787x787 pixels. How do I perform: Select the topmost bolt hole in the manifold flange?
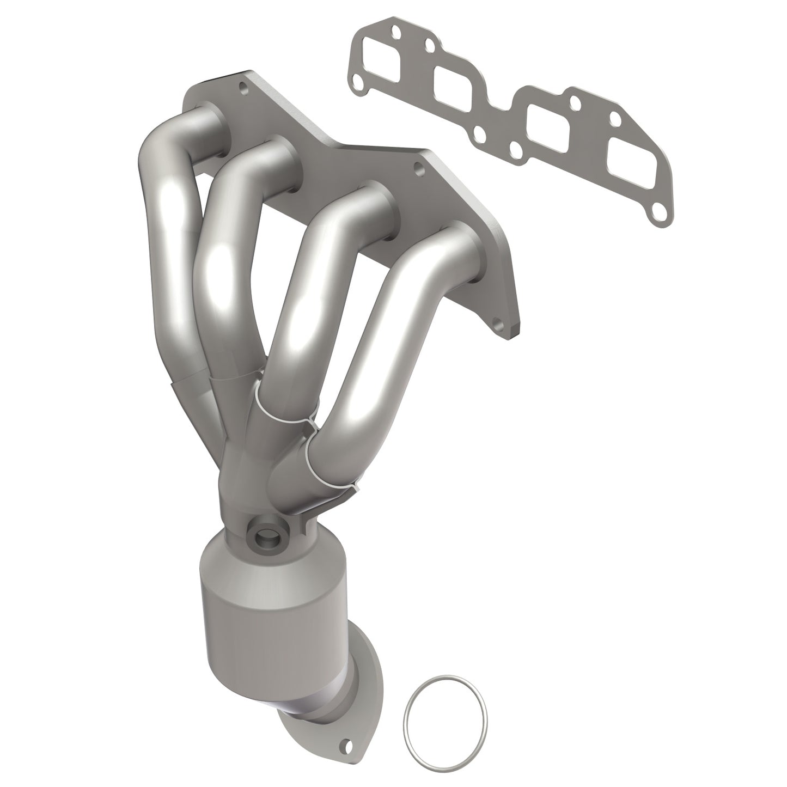[241, 86]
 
